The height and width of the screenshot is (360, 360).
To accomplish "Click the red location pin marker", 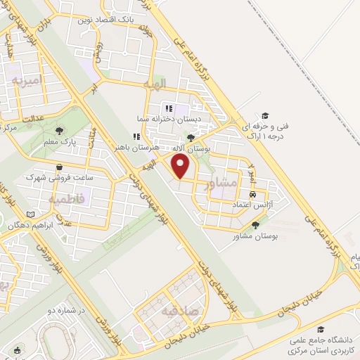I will tap(181, 166).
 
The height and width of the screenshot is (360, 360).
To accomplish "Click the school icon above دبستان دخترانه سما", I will tap(168, 108).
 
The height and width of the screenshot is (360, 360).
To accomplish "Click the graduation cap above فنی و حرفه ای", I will tap(265, 115).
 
